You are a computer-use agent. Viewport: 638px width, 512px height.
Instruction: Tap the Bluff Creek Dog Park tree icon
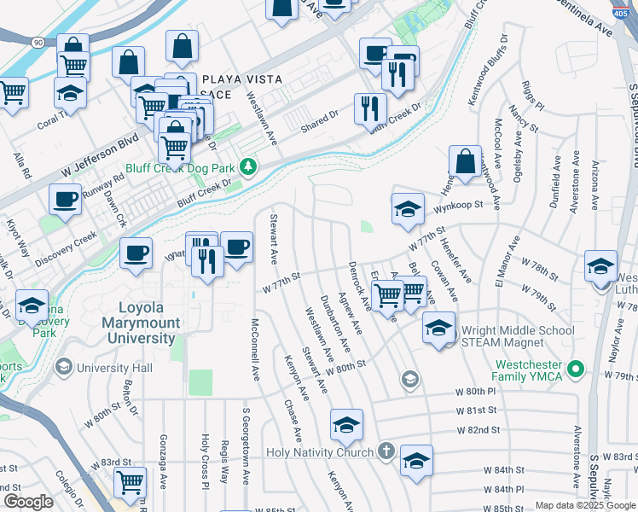248,166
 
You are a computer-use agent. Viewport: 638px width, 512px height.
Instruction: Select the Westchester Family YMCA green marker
577,369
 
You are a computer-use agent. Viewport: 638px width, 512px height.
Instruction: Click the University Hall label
114,368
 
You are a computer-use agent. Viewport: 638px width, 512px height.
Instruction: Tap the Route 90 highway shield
38,42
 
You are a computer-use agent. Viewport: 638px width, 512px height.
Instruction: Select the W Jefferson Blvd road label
99,155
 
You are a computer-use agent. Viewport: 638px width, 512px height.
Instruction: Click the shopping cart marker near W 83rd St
130,480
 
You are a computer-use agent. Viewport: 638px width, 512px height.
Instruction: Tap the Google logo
28,502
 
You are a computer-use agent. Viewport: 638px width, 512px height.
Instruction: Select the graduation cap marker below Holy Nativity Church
415,462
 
